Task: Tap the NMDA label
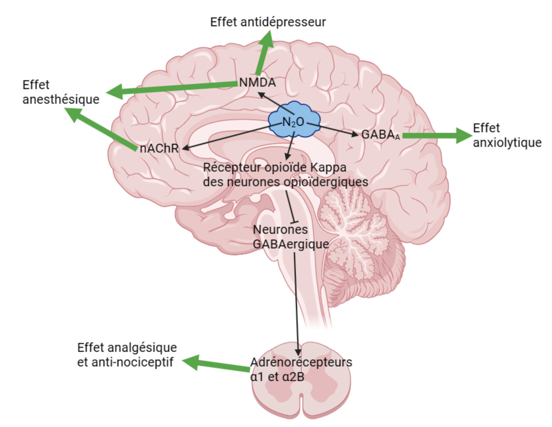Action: point(257,82)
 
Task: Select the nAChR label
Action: point(159,148)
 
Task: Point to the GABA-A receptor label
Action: point(380,135)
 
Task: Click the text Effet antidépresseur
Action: point(268,22)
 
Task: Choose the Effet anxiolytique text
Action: point(507,135)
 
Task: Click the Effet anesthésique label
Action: point(61,92)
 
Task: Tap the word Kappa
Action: point(328,168)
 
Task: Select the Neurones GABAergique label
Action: point(290,237)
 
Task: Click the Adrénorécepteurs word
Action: point(301,362)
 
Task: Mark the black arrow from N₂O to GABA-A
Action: point(333,129)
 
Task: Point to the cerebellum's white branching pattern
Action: point(353,224)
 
